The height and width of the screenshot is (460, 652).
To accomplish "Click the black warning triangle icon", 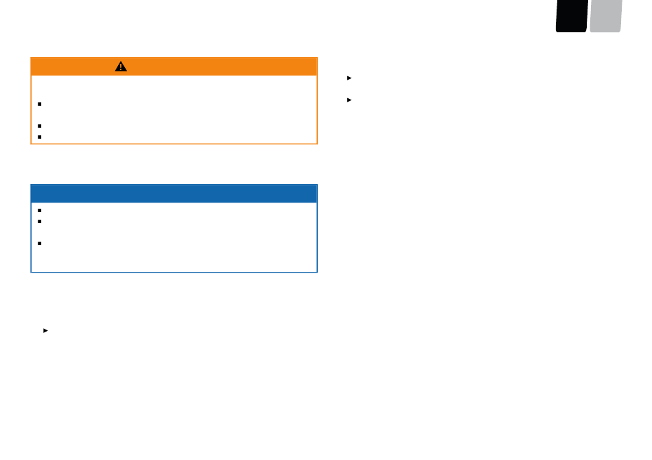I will click(121, 67).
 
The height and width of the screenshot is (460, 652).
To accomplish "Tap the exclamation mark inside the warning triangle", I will click(121, 67).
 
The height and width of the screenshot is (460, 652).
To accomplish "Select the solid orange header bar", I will click(206, 67).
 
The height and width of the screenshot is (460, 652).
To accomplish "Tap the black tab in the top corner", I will click(572, 16).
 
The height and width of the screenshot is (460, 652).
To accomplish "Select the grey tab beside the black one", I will click(605, 16).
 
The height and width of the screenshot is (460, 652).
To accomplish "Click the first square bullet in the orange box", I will click(40, 104).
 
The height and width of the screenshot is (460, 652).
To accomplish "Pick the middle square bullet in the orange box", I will click(40, 126).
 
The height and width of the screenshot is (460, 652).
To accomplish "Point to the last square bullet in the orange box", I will click(40, 137).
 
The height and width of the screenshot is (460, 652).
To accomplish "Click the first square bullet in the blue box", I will click(40, 211).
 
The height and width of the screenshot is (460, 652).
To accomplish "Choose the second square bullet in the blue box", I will click(40, 221).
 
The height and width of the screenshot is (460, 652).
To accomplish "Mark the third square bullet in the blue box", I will click(40, 243).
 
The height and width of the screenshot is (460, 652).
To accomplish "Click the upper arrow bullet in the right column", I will click(349, 78).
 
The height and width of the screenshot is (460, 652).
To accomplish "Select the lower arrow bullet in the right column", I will click(349, 100).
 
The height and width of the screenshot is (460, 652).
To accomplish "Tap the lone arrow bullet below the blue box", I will click(45, 330).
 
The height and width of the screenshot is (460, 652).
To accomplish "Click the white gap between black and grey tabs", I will click(588, 16).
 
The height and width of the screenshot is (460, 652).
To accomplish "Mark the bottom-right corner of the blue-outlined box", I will click(316, 272).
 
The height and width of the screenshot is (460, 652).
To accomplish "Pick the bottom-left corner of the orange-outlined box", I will click(32, 143).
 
